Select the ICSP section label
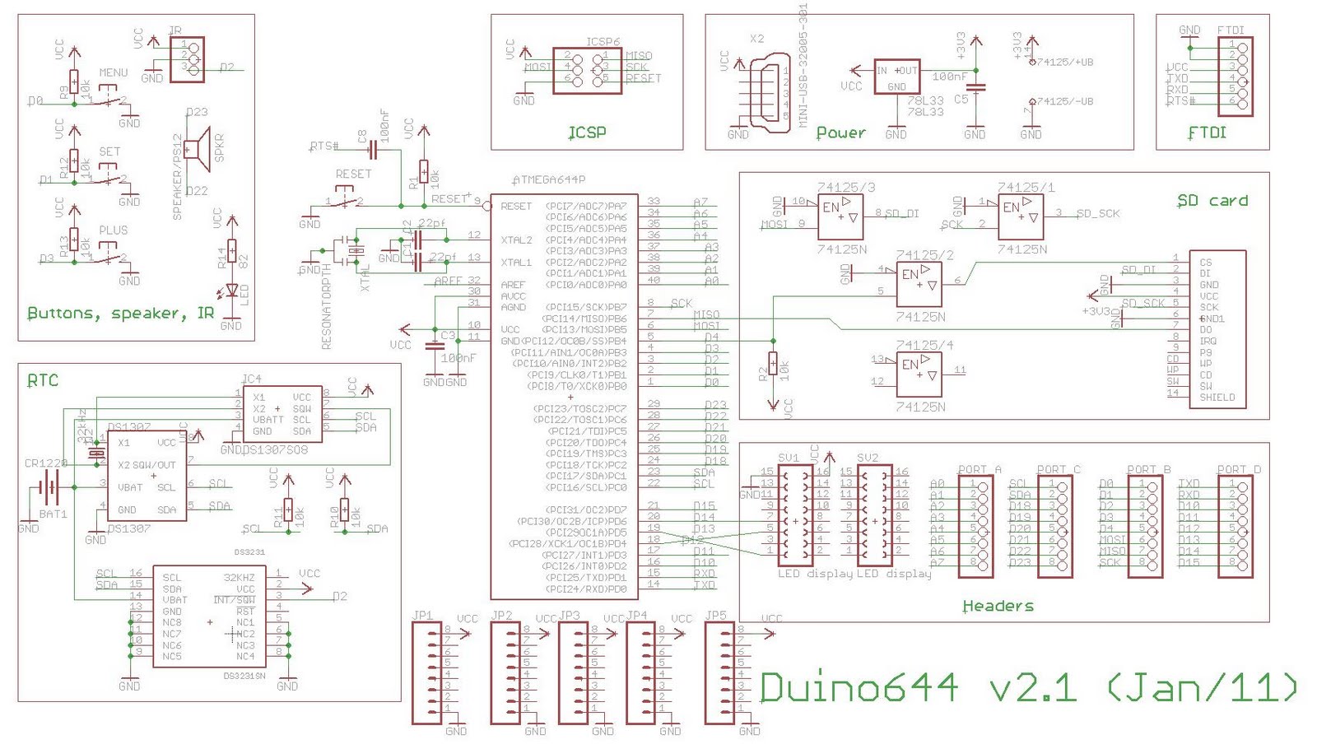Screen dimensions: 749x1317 pos(587,133)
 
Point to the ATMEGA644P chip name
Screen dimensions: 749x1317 pos(549,179)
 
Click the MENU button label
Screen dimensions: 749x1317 pos(114,72)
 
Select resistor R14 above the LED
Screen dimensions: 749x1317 pos(232,251)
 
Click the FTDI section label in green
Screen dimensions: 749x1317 pos(1207,133)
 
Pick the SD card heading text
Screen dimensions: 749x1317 pos(1212,201)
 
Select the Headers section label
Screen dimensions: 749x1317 pos(998,606)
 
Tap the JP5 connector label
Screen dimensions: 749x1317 pos(715,616)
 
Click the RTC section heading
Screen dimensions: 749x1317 pos(43,380)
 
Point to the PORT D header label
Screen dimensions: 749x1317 pos(1239,470)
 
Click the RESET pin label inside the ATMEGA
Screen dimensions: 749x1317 pos(516,207)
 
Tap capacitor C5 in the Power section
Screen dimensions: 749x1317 pos(976,87)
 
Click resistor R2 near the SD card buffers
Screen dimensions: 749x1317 pos(773,363)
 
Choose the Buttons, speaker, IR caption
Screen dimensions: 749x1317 pos(120,314)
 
